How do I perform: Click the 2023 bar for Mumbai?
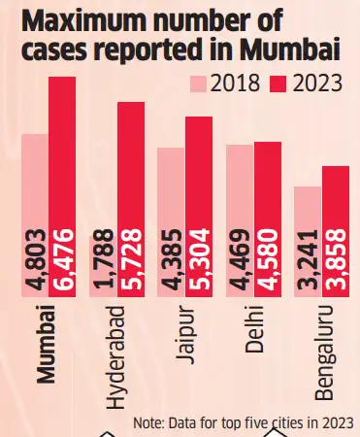click(61, 185)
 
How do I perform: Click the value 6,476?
click(61, 261)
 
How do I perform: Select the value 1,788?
click(102, 261)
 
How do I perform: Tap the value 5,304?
click(198, 261)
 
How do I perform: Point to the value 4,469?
click(239, 261)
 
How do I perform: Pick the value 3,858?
click(335, 261)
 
